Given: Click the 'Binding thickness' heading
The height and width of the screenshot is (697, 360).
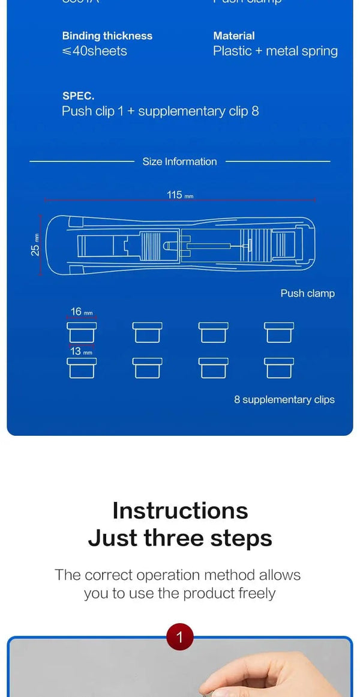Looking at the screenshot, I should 107,36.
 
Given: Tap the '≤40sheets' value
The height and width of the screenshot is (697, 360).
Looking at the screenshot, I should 94,51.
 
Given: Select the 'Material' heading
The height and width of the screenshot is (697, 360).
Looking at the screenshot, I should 233,36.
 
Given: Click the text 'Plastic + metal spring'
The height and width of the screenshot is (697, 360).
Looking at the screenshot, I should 275,51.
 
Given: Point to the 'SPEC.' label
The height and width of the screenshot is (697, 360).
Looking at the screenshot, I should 78,96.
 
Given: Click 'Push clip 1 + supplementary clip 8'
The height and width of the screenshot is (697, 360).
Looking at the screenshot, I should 160,111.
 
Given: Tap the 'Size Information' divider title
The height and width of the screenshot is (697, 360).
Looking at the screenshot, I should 179,161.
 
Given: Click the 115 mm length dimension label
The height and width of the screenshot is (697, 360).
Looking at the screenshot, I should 179,195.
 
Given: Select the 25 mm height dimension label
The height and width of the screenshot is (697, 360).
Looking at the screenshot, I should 35,245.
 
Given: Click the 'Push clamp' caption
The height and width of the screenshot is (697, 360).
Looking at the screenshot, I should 307,294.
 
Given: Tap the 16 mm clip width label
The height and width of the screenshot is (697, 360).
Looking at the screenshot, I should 81,312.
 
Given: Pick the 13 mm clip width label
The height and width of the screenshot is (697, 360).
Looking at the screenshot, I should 81,351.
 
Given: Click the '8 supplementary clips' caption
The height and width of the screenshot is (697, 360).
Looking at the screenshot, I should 284,400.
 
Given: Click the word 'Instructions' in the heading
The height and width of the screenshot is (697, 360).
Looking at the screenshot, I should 180,510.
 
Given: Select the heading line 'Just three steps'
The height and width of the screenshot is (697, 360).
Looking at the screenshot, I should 180,538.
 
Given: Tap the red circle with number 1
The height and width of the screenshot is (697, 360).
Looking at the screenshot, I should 179,636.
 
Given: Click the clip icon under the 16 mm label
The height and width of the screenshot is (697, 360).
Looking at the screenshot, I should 81,332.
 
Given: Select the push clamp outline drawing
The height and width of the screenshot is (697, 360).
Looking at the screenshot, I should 180,246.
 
